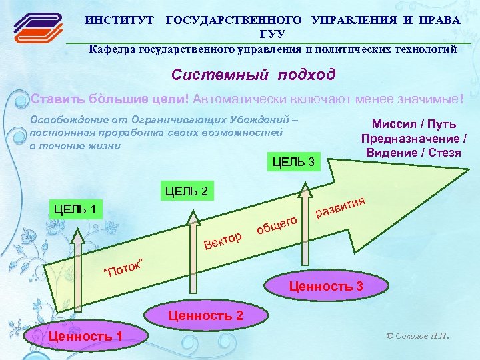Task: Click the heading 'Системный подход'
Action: click(253, 75)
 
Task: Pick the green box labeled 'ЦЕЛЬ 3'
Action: click(294, 161)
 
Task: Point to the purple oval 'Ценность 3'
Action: click(326, 287)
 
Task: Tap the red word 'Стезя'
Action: click(443, 153)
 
